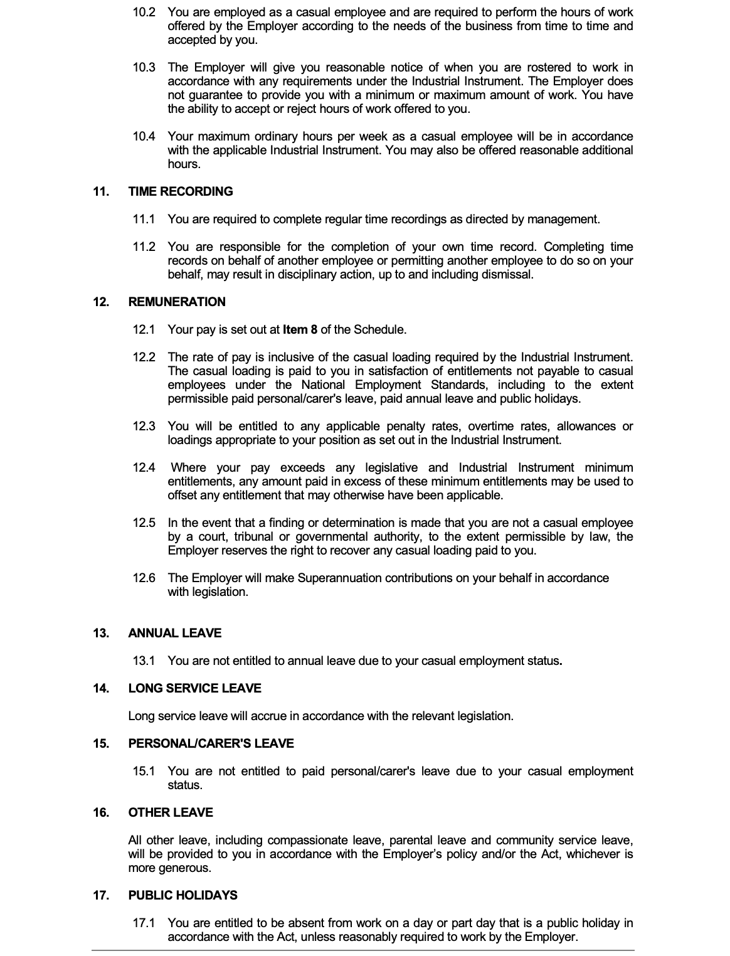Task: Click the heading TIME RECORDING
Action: pos(181,191)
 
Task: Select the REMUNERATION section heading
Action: pos(177,302)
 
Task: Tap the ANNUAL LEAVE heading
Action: pos(175,633)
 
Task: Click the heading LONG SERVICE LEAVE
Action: pos(194,688)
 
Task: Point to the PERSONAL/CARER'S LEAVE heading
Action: pos(211,743)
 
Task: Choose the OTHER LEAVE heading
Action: pos(171,812)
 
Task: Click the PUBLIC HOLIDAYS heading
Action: pos(182,895)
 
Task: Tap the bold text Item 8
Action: pos(300,329)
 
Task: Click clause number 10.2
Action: pos(144,12)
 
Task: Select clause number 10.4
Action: pos(144,136)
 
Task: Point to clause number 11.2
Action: pos(144,247)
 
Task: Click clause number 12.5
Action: pos(144,523)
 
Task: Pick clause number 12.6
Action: pos(144,578)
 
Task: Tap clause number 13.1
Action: pos(144,661)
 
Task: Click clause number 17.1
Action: pos(144,923)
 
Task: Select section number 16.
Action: pos(100,812)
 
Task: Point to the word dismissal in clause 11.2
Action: pos(507,274)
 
